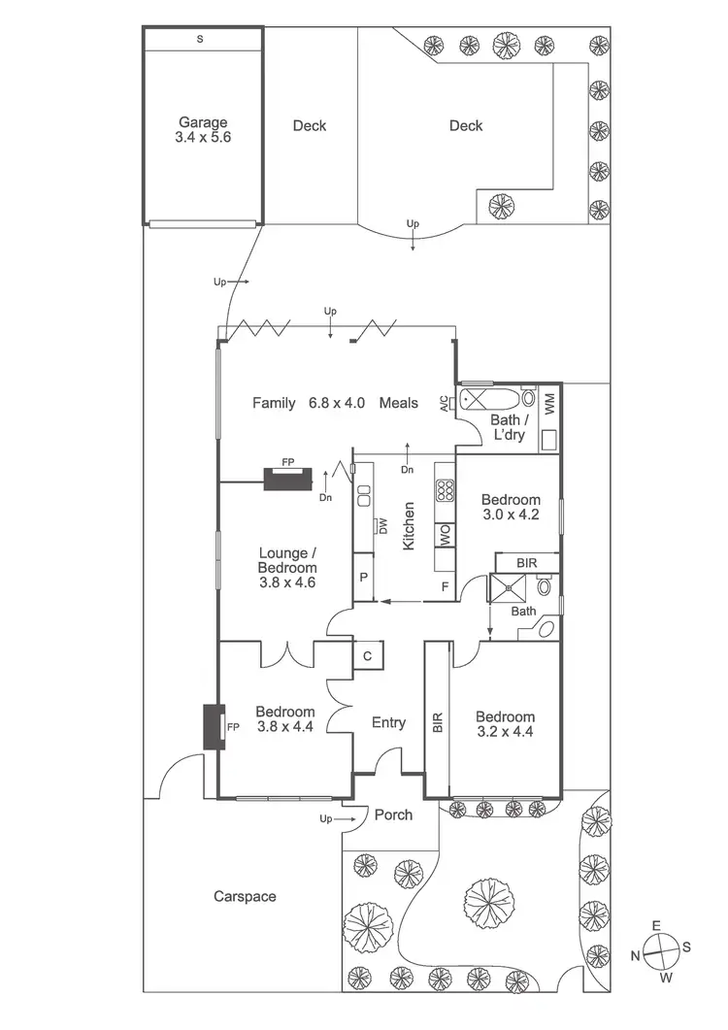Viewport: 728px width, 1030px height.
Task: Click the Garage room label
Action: point(203,123)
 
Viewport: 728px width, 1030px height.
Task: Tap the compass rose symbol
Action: point(661,949)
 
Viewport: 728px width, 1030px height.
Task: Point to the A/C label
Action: point(445,403)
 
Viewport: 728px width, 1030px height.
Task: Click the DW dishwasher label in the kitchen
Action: point(383,526)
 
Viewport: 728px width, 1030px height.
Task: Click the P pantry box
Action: point(362,577)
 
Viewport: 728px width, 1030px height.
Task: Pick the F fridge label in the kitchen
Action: point(446,586)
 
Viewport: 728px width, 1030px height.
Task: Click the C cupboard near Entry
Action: point(368,655)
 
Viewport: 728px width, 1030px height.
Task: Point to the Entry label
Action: point(388,722)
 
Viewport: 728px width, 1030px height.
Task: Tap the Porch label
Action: point(393,814)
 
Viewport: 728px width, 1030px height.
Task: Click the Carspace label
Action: point(245,896)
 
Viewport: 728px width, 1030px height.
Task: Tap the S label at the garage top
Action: point(201,40)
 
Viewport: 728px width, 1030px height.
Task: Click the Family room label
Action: point(274,402)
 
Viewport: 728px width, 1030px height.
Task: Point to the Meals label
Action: point(399,402)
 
